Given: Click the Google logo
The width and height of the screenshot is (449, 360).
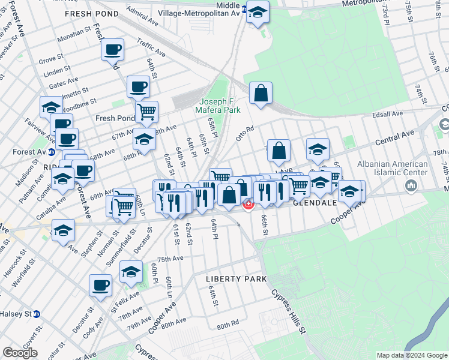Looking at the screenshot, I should [x=20, y=353].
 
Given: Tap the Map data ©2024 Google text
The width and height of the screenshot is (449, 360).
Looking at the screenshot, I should [x=411, y=355].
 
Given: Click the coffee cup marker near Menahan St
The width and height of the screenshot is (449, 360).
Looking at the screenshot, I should [x=112, y=49].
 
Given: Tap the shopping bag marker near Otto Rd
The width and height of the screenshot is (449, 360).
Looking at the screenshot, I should [x=261, y=93].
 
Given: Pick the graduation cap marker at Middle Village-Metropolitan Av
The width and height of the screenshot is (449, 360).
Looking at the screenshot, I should [x=258, y=12].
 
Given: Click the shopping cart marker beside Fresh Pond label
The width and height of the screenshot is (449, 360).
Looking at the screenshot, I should [x=146, y=111].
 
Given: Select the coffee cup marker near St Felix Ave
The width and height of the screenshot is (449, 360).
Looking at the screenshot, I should [x=100, y=285].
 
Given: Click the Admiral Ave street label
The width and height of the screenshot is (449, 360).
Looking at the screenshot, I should [x=143, y=21].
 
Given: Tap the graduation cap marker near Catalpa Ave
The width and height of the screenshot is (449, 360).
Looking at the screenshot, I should [x=63, y=179].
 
